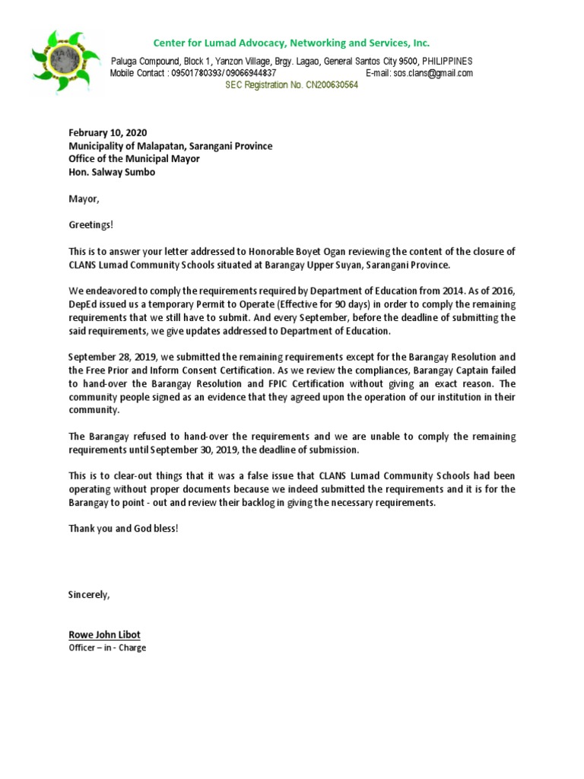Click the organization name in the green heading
click(292, 43)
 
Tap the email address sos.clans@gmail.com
click(433, 73)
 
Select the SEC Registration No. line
click(291, 85)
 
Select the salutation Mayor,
click(84, 199)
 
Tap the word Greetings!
click(91, 225)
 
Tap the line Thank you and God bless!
click(123, 528)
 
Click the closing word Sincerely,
click(89, 594)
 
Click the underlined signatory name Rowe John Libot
click(104, 634)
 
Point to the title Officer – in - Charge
click(107, 648)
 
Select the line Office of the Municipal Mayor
click(135, 159)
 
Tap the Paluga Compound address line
click(292, 61)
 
